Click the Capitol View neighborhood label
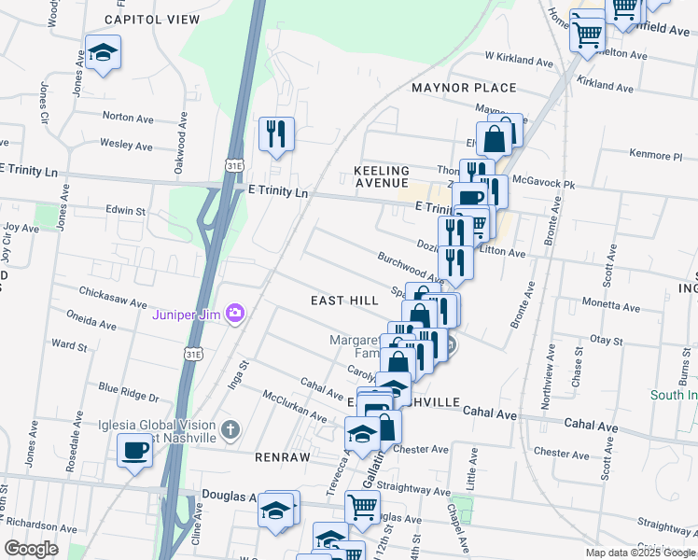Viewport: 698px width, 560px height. [x=152, y=19]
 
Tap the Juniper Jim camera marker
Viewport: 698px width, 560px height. [x=235, y=313]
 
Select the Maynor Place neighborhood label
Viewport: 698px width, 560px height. [x=464, y=88]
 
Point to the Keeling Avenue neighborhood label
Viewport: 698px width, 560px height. [x=382, y=176]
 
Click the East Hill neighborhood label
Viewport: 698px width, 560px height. [x=344, y=300]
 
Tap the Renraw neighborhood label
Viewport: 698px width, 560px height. [x=275, y=457]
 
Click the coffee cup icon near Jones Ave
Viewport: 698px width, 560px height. [x=135, y=452]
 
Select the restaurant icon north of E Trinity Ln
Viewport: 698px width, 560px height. [x=276, y=134]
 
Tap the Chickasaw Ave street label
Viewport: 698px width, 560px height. [x=114, y=303]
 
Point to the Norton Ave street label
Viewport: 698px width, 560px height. [x=128, y=118]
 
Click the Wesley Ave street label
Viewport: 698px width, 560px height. [x=125, y=146]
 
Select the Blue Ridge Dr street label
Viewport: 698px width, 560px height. [x=129, y=391]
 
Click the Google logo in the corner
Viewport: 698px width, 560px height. [x=31, y=548]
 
